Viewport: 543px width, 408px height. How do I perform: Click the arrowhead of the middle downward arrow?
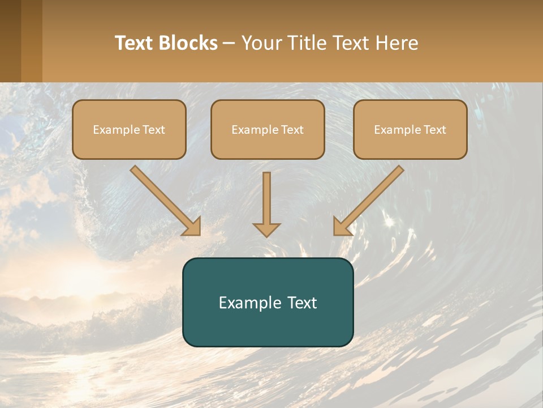(x=266, y=229)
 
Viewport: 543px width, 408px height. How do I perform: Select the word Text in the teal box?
(x=301, y=303)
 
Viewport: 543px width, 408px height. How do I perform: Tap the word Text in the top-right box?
(x=435, y=130)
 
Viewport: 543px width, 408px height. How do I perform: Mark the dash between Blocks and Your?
(x=229, y=44)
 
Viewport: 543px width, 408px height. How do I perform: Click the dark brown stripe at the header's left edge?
(x=10, y=41)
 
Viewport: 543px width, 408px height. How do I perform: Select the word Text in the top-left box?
(x=154, y=130)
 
